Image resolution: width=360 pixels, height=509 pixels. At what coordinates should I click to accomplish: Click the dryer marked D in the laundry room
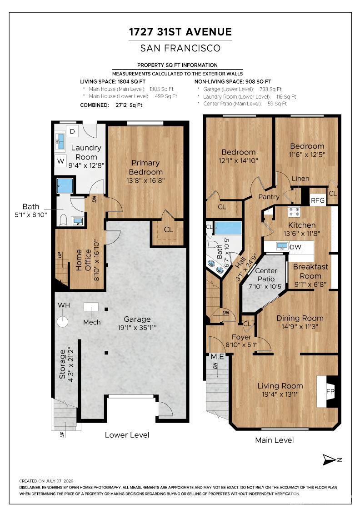72,131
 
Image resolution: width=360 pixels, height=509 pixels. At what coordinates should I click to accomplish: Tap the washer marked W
61,161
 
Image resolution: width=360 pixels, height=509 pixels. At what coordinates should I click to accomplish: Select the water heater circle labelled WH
62,322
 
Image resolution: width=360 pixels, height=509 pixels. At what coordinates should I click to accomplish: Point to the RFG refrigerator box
317,200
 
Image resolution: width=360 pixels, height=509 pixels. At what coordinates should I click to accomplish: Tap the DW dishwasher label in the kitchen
296,247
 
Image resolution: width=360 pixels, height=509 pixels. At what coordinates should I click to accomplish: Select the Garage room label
137,319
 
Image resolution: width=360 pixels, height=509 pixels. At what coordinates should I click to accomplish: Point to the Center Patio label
266,274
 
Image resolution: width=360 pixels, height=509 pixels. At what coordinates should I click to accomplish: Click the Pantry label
269,197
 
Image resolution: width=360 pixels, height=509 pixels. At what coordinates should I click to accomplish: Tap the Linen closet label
300,179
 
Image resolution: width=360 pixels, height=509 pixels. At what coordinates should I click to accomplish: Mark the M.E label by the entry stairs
217,356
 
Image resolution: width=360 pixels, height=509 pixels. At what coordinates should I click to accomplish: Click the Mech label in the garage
92,322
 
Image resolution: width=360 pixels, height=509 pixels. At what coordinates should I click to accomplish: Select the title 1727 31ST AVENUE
180,32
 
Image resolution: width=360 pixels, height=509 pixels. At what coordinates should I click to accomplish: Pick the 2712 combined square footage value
122,105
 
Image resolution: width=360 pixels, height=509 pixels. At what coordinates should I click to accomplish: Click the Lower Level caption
127,435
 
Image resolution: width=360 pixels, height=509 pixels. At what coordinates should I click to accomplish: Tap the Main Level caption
274,440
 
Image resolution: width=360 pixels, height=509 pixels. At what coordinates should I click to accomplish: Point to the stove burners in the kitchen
295,212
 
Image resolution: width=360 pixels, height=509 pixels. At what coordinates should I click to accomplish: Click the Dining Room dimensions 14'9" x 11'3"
300,327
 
